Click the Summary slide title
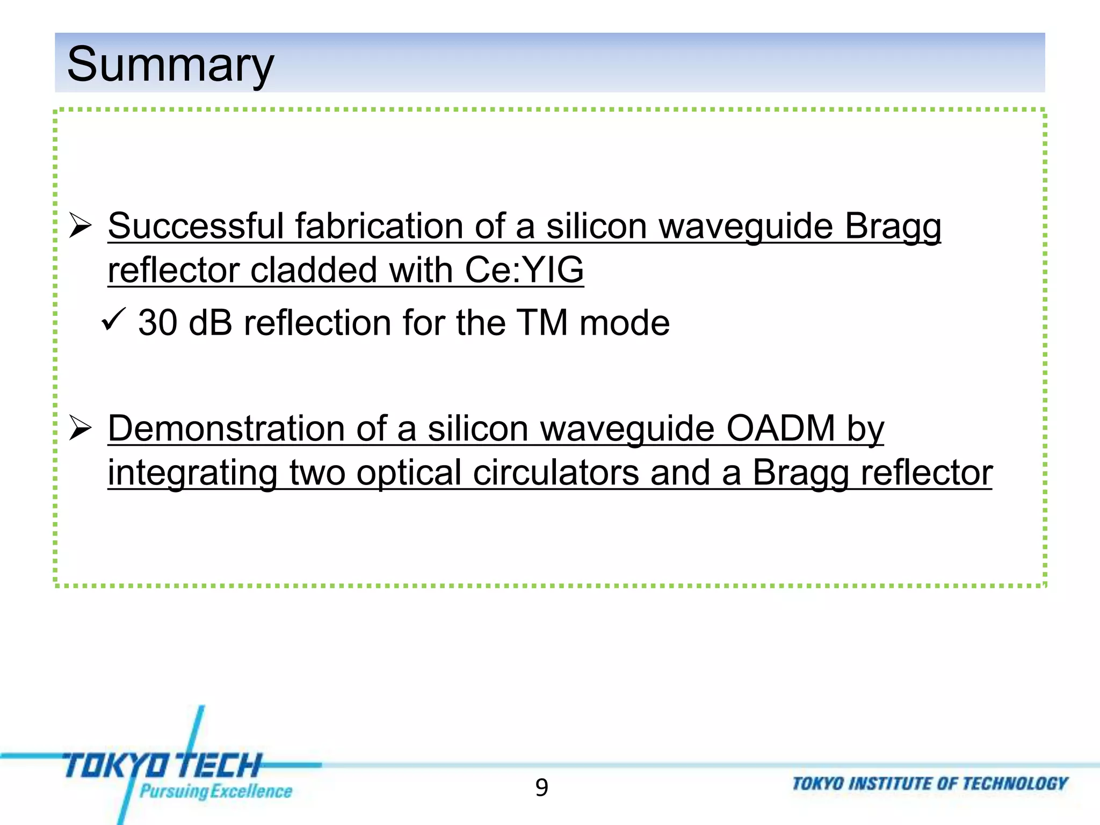pos(170,64)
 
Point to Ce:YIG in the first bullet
pos(524,270)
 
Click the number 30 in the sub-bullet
pos(157,323)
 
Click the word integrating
pos(192,473)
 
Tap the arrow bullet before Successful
pos(81,226)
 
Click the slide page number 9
pos(541,787)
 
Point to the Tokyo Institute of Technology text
pos(930,784)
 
